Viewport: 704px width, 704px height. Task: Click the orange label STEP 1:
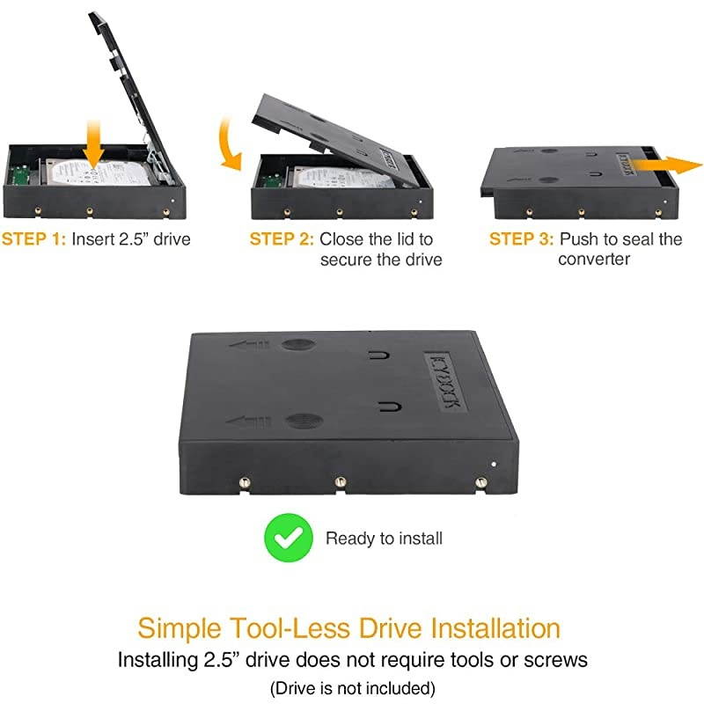[x=33, y=238]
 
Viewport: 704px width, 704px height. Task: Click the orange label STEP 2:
[x=282, y=238]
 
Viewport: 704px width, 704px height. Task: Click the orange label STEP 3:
[x=521, y=238]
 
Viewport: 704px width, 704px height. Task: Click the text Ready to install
[x=384, y=538]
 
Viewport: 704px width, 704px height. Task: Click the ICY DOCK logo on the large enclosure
[x=444, y=379]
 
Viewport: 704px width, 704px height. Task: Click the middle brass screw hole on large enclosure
[x=339, y=482]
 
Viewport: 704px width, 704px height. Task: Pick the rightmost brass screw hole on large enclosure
[x=480, y=482]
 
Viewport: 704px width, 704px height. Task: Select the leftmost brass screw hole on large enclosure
[x=245, y=481]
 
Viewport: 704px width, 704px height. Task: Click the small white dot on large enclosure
[x=494, y=463]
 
